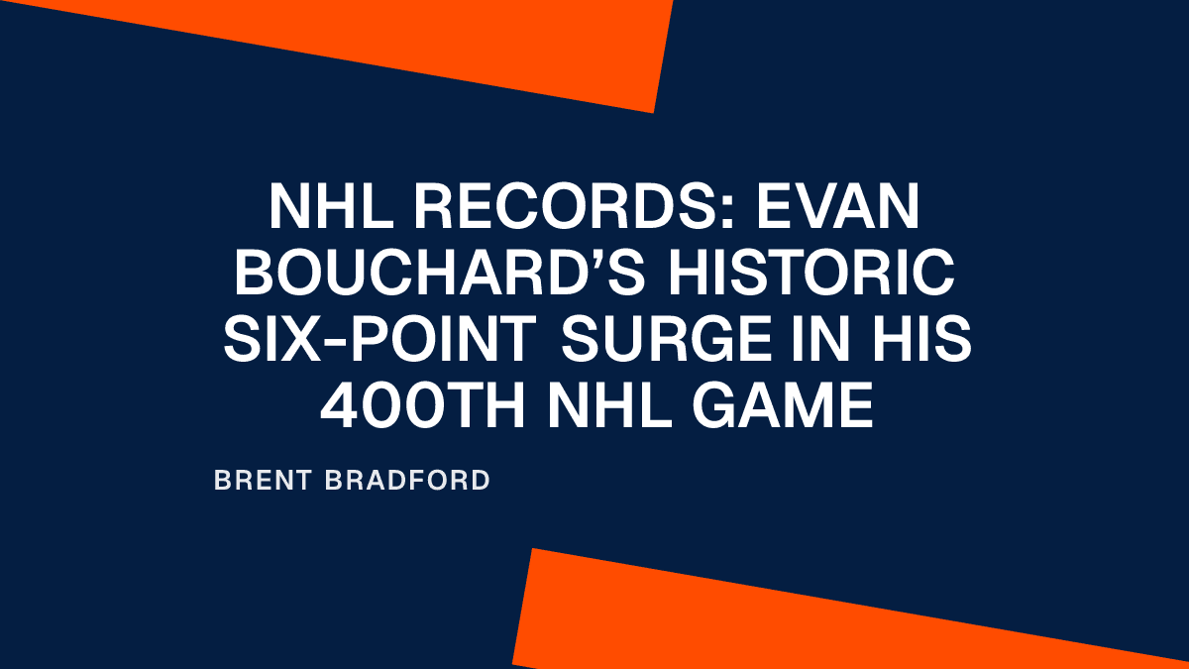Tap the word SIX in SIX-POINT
pyautogui.click(x=287, y=340)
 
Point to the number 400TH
pyautogui.click(x=420, y=406)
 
